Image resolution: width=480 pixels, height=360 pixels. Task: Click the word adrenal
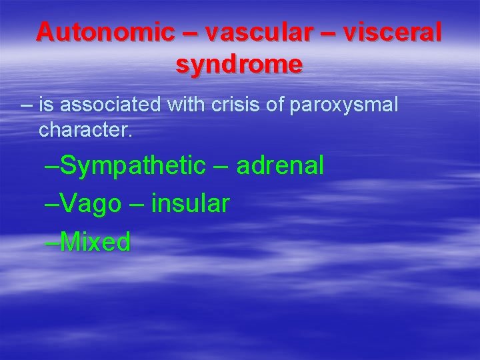280,165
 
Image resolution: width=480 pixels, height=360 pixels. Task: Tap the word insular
191,203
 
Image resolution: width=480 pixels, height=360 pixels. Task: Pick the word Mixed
95,242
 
